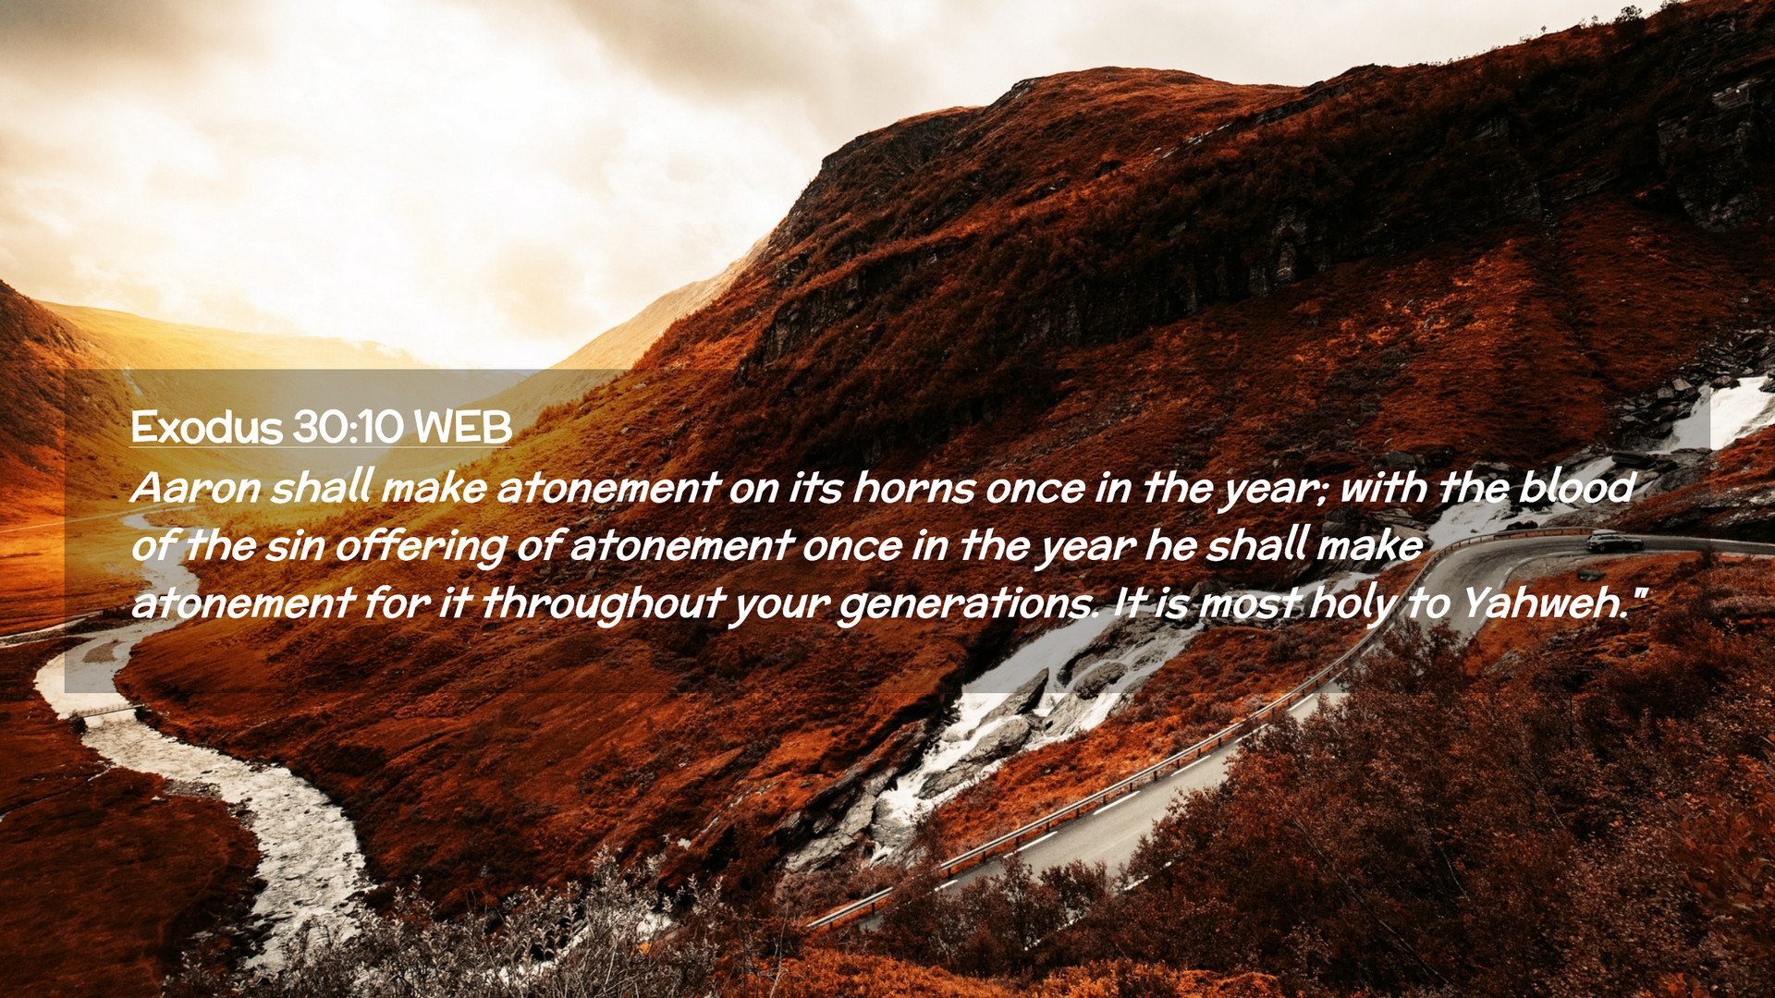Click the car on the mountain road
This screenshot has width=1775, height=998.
click(1614, 542)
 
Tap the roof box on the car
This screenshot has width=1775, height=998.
click(1609, 534)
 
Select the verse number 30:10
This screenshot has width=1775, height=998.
click(349, 428)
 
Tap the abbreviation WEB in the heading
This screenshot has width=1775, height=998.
click(462, 428)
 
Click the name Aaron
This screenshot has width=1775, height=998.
click(196, 488)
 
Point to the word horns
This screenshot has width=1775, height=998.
click(913, 488)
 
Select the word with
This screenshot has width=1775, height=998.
click(1383, 487)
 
